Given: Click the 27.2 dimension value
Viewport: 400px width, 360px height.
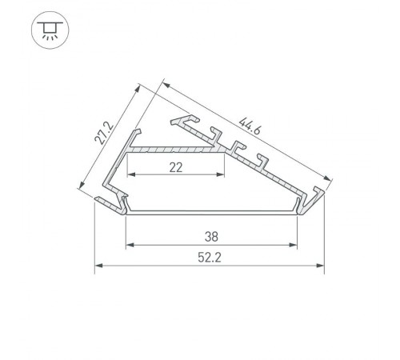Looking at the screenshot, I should click(102, 130).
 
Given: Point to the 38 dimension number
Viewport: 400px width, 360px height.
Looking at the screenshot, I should click(211, 236).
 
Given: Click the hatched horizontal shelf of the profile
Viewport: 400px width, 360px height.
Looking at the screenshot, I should click(172, 150).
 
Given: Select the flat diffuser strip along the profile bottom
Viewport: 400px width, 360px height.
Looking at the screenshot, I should click(211, 211).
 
